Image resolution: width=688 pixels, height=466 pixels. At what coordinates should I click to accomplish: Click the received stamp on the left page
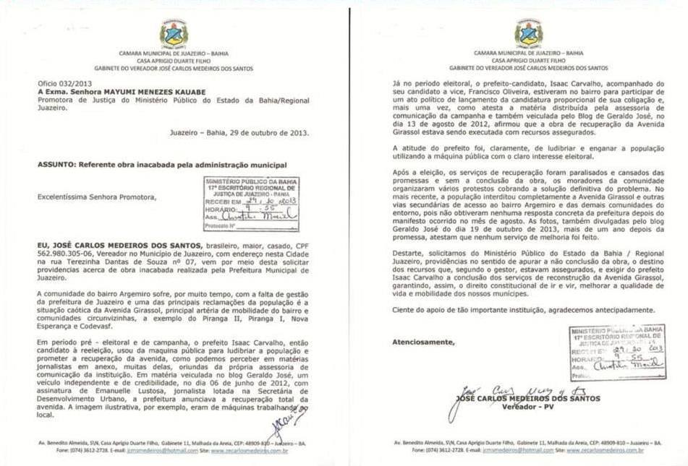click(x=251, y=203)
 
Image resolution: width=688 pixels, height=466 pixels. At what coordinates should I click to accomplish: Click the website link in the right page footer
click(x=605, y=450)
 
